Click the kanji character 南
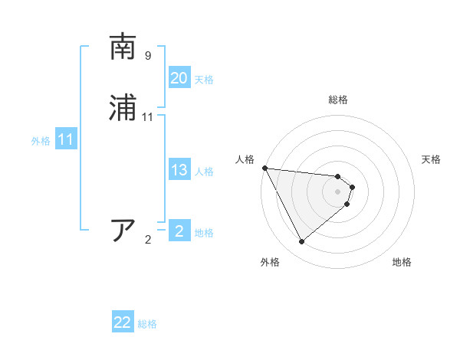point(124,47)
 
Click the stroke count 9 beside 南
point(148,56)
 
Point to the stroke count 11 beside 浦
point(148,117)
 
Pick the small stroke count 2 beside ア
point(148,240)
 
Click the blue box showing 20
point(179,78)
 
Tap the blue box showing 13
point(179,170)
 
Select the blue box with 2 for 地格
point(179,231)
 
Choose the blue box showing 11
point(66,139)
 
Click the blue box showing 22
point(123,322)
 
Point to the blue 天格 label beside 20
point(204,80)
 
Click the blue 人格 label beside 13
point(204,172)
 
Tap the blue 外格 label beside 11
point(41,141)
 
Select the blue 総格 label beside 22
point(147,324)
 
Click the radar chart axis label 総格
point(338,100)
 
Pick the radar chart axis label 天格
point(432,159)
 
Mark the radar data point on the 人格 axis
point(264,168)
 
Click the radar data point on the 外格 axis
point(301,242)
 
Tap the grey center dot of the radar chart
point(338,191)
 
